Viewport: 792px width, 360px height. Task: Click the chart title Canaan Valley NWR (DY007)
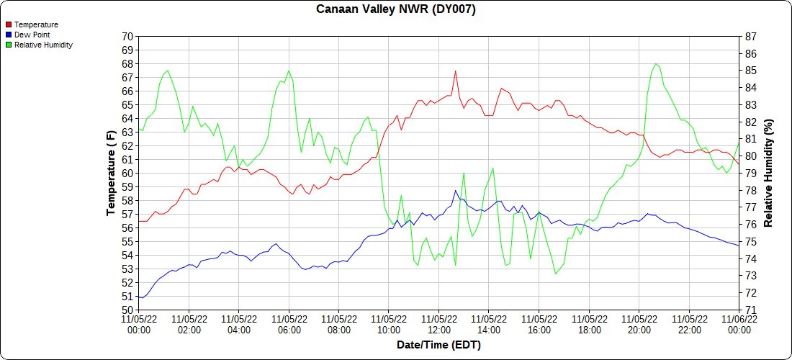coord(396,9)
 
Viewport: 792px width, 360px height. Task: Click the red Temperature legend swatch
coord(8,24)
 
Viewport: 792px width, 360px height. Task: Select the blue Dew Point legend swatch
coord(8,35)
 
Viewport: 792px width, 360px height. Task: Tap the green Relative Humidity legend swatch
coord(8,45)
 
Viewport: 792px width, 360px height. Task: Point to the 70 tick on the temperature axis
coord(127,36)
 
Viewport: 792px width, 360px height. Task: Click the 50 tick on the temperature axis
coord(127,310)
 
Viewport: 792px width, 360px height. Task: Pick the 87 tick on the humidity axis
coord(750,36)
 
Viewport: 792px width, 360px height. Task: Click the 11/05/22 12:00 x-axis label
coord(438,324)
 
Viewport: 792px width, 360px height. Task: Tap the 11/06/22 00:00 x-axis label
coord(739,324)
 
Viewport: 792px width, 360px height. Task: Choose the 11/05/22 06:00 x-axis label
coord(289,324)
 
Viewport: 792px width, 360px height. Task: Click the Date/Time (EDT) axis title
coord(438,345)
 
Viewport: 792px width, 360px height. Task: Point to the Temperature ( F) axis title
coord(111,173)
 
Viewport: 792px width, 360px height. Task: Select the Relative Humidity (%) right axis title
coord(768,173)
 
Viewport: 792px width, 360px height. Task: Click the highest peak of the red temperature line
coord(456,71)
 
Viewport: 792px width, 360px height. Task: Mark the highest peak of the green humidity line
coord(655,63)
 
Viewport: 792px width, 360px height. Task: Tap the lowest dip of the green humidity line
coord(556,274)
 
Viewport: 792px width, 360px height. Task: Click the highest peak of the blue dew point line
coord(456,190)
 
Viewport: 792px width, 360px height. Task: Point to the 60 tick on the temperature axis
coord(127,173)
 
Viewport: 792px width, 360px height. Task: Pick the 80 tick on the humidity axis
coord(750,156)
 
